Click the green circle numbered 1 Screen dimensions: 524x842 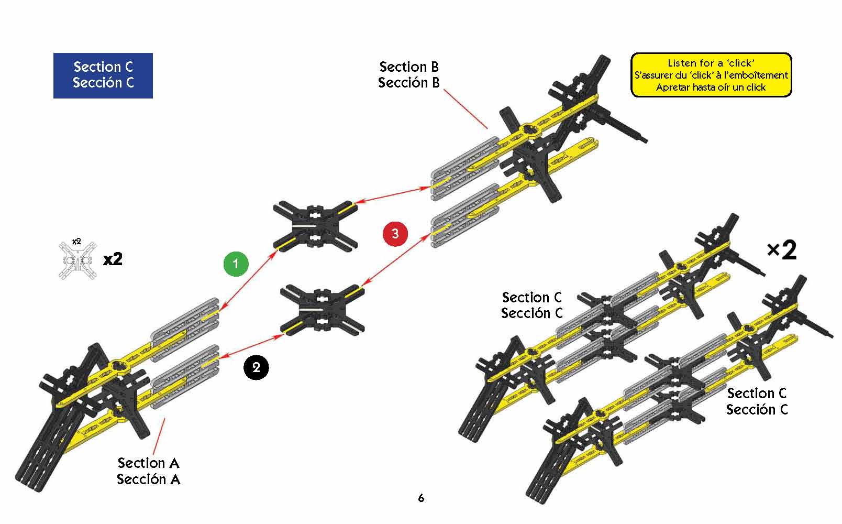coord(235,264)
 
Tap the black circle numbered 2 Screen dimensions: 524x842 coord(256,367)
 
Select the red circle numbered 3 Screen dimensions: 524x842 coord(395,233)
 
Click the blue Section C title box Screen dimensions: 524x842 coord(103,75)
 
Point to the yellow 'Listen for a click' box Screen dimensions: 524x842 coord(711,75)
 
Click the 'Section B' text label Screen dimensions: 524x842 coord(409,67)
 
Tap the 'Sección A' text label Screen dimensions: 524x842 coord(148,479)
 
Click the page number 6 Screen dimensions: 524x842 coord(421,498)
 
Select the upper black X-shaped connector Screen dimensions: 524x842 coord(315,225)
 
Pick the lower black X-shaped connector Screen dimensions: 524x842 coord(323,309)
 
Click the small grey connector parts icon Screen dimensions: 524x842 coord(77,260)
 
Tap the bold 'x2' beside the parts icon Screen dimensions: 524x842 coord(113,259)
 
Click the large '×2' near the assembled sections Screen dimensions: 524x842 coord(781,250)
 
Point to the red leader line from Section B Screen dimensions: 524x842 coord(466,108)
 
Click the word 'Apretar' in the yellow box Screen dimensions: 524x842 coord(672,88)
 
